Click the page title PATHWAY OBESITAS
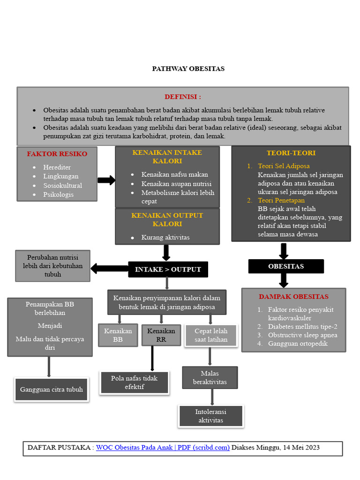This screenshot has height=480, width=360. (188, 68)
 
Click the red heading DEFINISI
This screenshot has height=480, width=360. (182, 97)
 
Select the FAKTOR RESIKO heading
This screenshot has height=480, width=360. (57, 154)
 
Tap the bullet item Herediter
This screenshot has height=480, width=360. (57, 167)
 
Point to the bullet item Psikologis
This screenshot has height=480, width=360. (58, 194)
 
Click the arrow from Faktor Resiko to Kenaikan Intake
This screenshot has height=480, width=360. (106, 180)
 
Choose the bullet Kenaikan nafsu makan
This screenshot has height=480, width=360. (174, 174)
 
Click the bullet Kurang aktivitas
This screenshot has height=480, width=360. (165, 237)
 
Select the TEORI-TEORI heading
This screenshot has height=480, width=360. (291, 153)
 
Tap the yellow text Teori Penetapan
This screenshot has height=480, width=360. (281, 200)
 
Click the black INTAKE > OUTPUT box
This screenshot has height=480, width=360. (168, 269)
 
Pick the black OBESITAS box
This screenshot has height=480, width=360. (286, 266)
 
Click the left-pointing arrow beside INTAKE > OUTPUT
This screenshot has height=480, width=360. (109, 268)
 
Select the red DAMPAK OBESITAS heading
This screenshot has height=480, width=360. (293, 297)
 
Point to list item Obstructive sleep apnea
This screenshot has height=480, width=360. (302, 335)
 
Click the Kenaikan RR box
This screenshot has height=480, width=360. (161, 335)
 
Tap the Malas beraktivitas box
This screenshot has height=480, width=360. (210, 377)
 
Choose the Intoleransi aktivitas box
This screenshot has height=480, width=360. (210, 416)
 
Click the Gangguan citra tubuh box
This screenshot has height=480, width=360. (51, 389)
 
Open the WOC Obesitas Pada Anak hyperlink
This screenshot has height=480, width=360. (163, 447)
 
